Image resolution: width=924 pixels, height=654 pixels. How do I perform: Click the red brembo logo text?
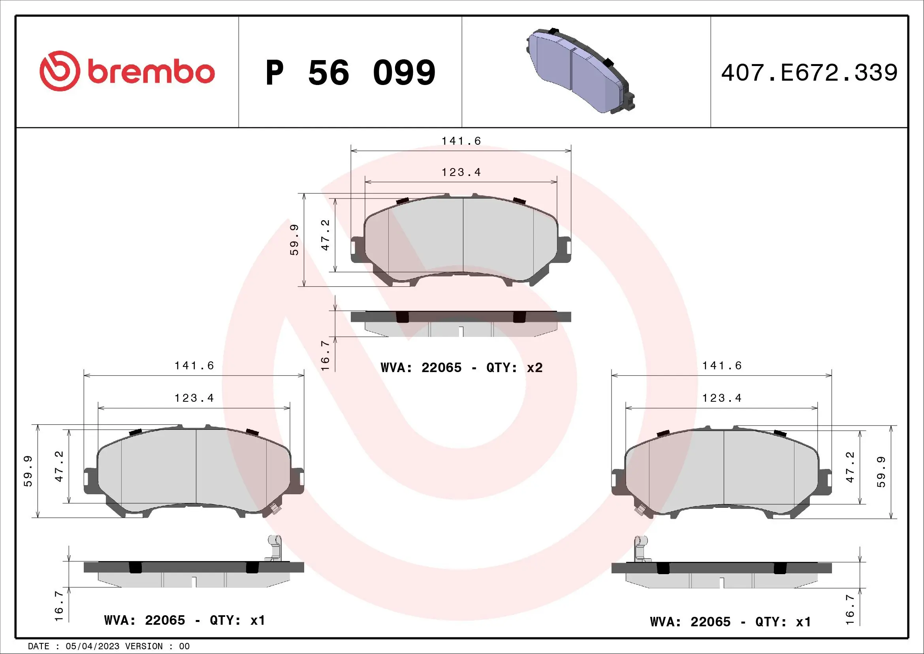(x=151, y=72)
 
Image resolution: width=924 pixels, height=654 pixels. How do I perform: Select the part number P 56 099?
(x=350, y=73)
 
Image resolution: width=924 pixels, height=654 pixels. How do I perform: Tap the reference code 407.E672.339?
(x=809, y=73)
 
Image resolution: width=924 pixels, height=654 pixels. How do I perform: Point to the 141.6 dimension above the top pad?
(x=461, y=141)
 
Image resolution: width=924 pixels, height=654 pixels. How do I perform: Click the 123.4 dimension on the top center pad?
(x=461, y=172)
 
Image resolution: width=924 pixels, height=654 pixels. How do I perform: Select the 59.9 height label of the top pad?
(x=295, y=240)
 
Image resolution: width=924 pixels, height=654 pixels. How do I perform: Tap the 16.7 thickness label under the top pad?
(x=325, y=355)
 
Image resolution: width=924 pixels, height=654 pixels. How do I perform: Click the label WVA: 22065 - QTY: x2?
(x=461, y=368)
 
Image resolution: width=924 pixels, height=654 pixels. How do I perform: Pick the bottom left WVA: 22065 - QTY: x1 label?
(x=185, y=620)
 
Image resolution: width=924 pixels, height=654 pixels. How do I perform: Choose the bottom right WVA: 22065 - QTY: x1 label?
(x=730, y=622)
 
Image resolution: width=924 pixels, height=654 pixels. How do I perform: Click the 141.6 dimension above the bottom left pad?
(x=194, y=366)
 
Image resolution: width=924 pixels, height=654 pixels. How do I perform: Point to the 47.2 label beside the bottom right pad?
(x=850, y=467)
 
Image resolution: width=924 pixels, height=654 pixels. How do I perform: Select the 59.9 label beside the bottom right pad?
(x=881, y=472)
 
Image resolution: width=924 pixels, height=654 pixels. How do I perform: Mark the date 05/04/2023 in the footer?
(x=92, y=646)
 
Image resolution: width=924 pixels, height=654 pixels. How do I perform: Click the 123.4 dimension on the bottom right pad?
(x=722, y=398)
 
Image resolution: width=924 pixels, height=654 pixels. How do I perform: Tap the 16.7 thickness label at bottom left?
(x=59, y=606)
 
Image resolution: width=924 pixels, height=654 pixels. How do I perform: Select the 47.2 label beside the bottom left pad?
(x=59, y=467)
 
